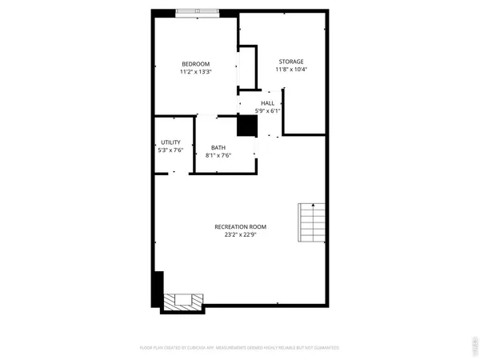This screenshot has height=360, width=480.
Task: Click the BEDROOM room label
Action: click(195, 64)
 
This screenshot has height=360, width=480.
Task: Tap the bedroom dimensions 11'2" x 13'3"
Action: click(195, 72)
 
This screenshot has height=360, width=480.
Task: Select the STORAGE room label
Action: click(291, 62)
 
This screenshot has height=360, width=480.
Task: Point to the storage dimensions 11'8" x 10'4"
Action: click(291, 70)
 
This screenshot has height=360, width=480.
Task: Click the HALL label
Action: click(267, 103)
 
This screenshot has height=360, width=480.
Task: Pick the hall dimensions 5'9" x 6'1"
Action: click(267, 110)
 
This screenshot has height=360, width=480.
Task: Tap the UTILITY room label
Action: click(171, 142)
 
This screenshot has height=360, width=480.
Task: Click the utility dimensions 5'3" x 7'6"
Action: click(171, 150)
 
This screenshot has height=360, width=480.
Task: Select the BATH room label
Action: click(218, 147)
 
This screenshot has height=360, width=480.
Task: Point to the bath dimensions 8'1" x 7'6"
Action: click(218, 154)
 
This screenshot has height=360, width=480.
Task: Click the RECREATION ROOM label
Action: click(240, 227)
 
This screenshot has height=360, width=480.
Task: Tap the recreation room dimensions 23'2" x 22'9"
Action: click(240, 235)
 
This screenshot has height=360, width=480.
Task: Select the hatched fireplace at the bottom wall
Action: click(183, 302)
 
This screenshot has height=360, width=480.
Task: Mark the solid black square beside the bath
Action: click(246, 126)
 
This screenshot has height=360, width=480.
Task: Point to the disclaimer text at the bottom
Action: click(240, 348)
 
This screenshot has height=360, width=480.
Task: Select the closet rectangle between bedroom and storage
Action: click(247, 67)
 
